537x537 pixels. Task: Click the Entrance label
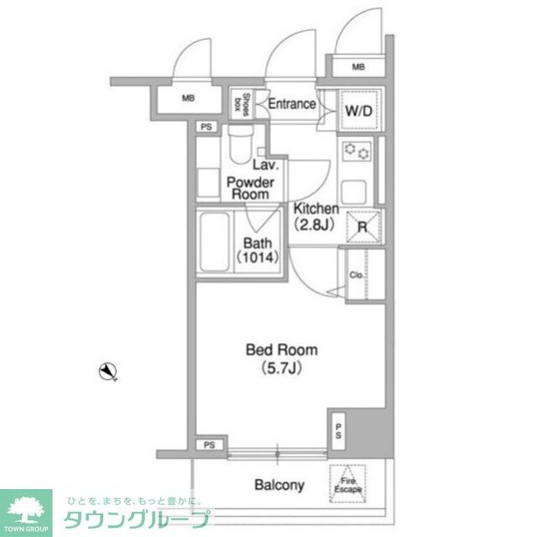(291, 105)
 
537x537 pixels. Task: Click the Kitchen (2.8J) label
(315, 216)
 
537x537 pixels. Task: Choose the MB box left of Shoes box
(189, 98)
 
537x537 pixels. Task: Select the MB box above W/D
(358, 66)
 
